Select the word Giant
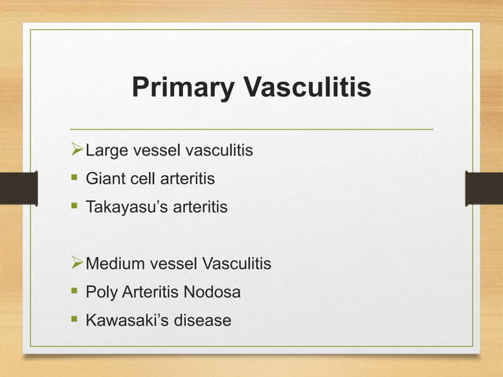[104, 179]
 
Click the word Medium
[113, 263]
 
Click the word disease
[203, 321]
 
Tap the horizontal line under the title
[251, 128]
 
